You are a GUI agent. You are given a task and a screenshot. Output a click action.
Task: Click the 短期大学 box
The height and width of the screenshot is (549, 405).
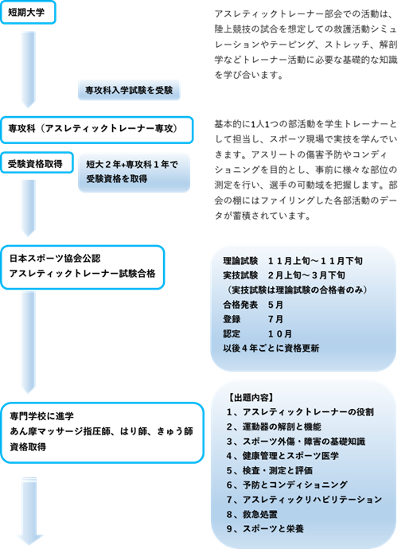click(28, 12)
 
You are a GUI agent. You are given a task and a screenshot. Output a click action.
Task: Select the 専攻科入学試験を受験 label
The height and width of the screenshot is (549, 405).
click(129, 90)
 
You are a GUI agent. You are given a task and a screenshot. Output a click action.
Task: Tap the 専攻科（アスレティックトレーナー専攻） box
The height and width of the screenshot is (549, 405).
click(97, 130)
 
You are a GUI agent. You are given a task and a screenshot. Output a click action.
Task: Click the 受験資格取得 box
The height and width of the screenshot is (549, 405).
click(37, 162)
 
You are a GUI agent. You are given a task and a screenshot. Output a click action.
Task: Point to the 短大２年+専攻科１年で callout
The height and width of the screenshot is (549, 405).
click(134, 173)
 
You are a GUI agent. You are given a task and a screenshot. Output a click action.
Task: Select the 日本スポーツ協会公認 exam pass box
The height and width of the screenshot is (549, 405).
click(83, 267)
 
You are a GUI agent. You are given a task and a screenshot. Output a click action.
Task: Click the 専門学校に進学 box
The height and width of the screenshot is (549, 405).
click(102, 433)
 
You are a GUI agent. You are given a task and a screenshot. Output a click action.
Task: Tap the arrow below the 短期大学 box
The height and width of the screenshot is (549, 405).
click(29, 69)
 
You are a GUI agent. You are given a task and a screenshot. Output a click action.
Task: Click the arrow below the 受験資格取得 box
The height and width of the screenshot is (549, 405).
click(29, 208)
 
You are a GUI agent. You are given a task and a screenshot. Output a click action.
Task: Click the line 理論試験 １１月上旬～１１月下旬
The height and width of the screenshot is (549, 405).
click(293, 261)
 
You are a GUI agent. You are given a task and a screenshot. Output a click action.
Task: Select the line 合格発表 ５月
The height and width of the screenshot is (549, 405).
click(253, 305)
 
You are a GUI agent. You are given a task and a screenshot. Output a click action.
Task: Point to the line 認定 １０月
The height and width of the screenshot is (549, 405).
click(257, 333)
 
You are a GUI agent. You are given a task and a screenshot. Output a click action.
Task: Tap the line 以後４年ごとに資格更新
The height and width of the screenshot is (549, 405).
click(271, 348)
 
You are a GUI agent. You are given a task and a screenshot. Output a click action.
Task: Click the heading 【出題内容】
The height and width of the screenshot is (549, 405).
click(251, 397)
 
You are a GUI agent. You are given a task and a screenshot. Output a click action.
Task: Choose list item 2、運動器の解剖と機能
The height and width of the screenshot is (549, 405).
click(274, 426)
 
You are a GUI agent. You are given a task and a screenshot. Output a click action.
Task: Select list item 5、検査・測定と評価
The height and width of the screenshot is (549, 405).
click(270, 470)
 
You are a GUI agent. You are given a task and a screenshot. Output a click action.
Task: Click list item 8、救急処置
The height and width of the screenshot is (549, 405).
click(252, 514)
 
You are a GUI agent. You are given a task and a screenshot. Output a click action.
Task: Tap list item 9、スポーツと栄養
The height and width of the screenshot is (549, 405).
click(265, 528)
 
